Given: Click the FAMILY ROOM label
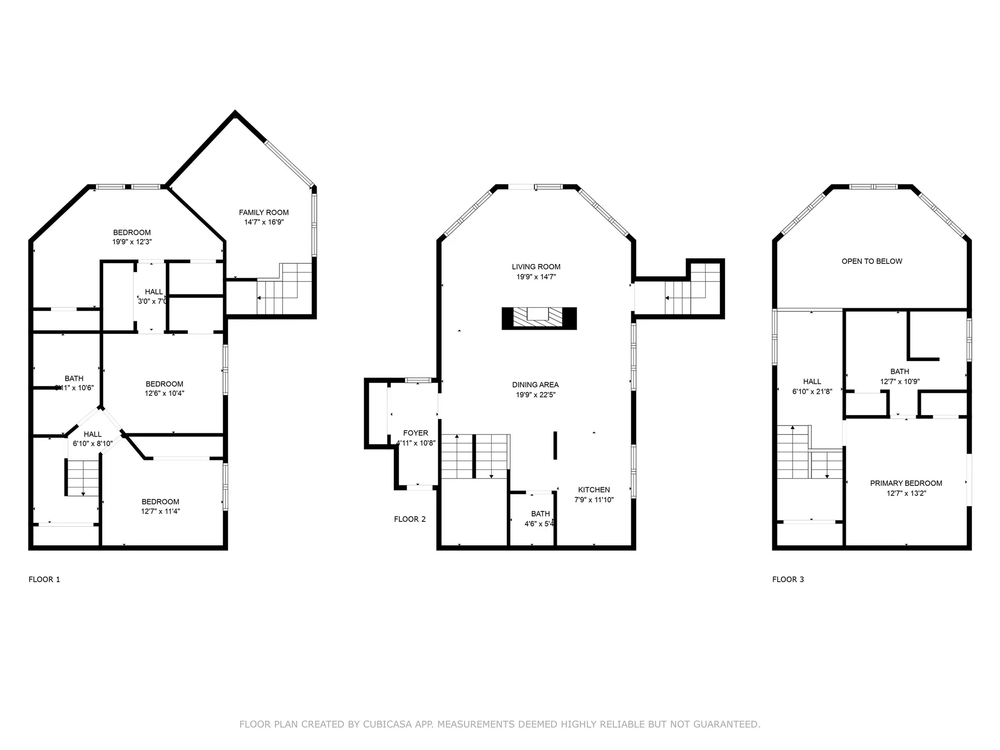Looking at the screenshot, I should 264,213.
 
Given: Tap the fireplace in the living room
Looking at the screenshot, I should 539,318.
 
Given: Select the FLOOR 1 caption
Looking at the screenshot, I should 44,579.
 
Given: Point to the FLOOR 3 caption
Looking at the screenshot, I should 788,579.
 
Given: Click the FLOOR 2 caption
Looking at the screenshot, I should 410,519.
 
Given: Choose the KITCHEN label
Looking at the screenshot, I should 594,490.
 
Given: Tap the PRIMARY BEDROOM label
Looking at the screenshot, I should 906,483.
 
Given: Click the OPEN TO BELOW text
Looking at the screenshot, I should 872,261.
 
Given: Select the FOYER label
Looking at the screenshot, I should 416,433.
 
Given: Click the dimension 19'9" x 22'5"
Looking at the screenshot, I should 535,395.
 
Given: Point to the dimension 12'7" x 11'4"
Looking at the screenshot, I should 160,511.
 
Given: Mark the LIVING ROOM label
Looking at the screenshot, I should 536,267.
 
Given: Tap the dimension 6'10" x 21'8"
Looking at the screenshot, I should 812,392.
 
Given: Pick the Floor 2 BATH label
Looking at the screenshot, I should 540,514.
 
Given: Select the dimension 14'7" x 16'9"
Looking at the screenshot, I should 264,222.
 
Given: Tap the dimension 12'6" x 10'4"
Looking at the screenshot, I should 164,394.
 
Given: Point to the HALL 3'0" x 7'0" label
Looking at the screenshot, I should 153,292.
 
